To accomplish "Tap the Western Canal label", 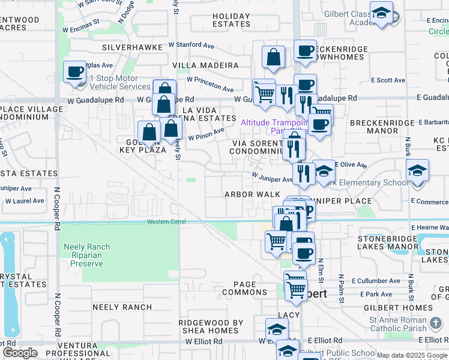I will point(167,222).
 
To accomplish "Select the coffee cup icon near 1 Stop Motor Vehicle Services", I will point(75,73).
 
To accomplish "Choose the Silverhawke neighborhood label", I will point(128,46).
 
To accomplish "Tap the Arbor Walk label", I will point(252,194).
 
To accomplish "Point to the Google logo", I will point(19,353).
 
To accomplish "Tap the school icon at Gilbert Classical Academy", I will point(381,13).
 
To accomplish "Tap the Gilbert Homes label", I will point(406,308).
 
